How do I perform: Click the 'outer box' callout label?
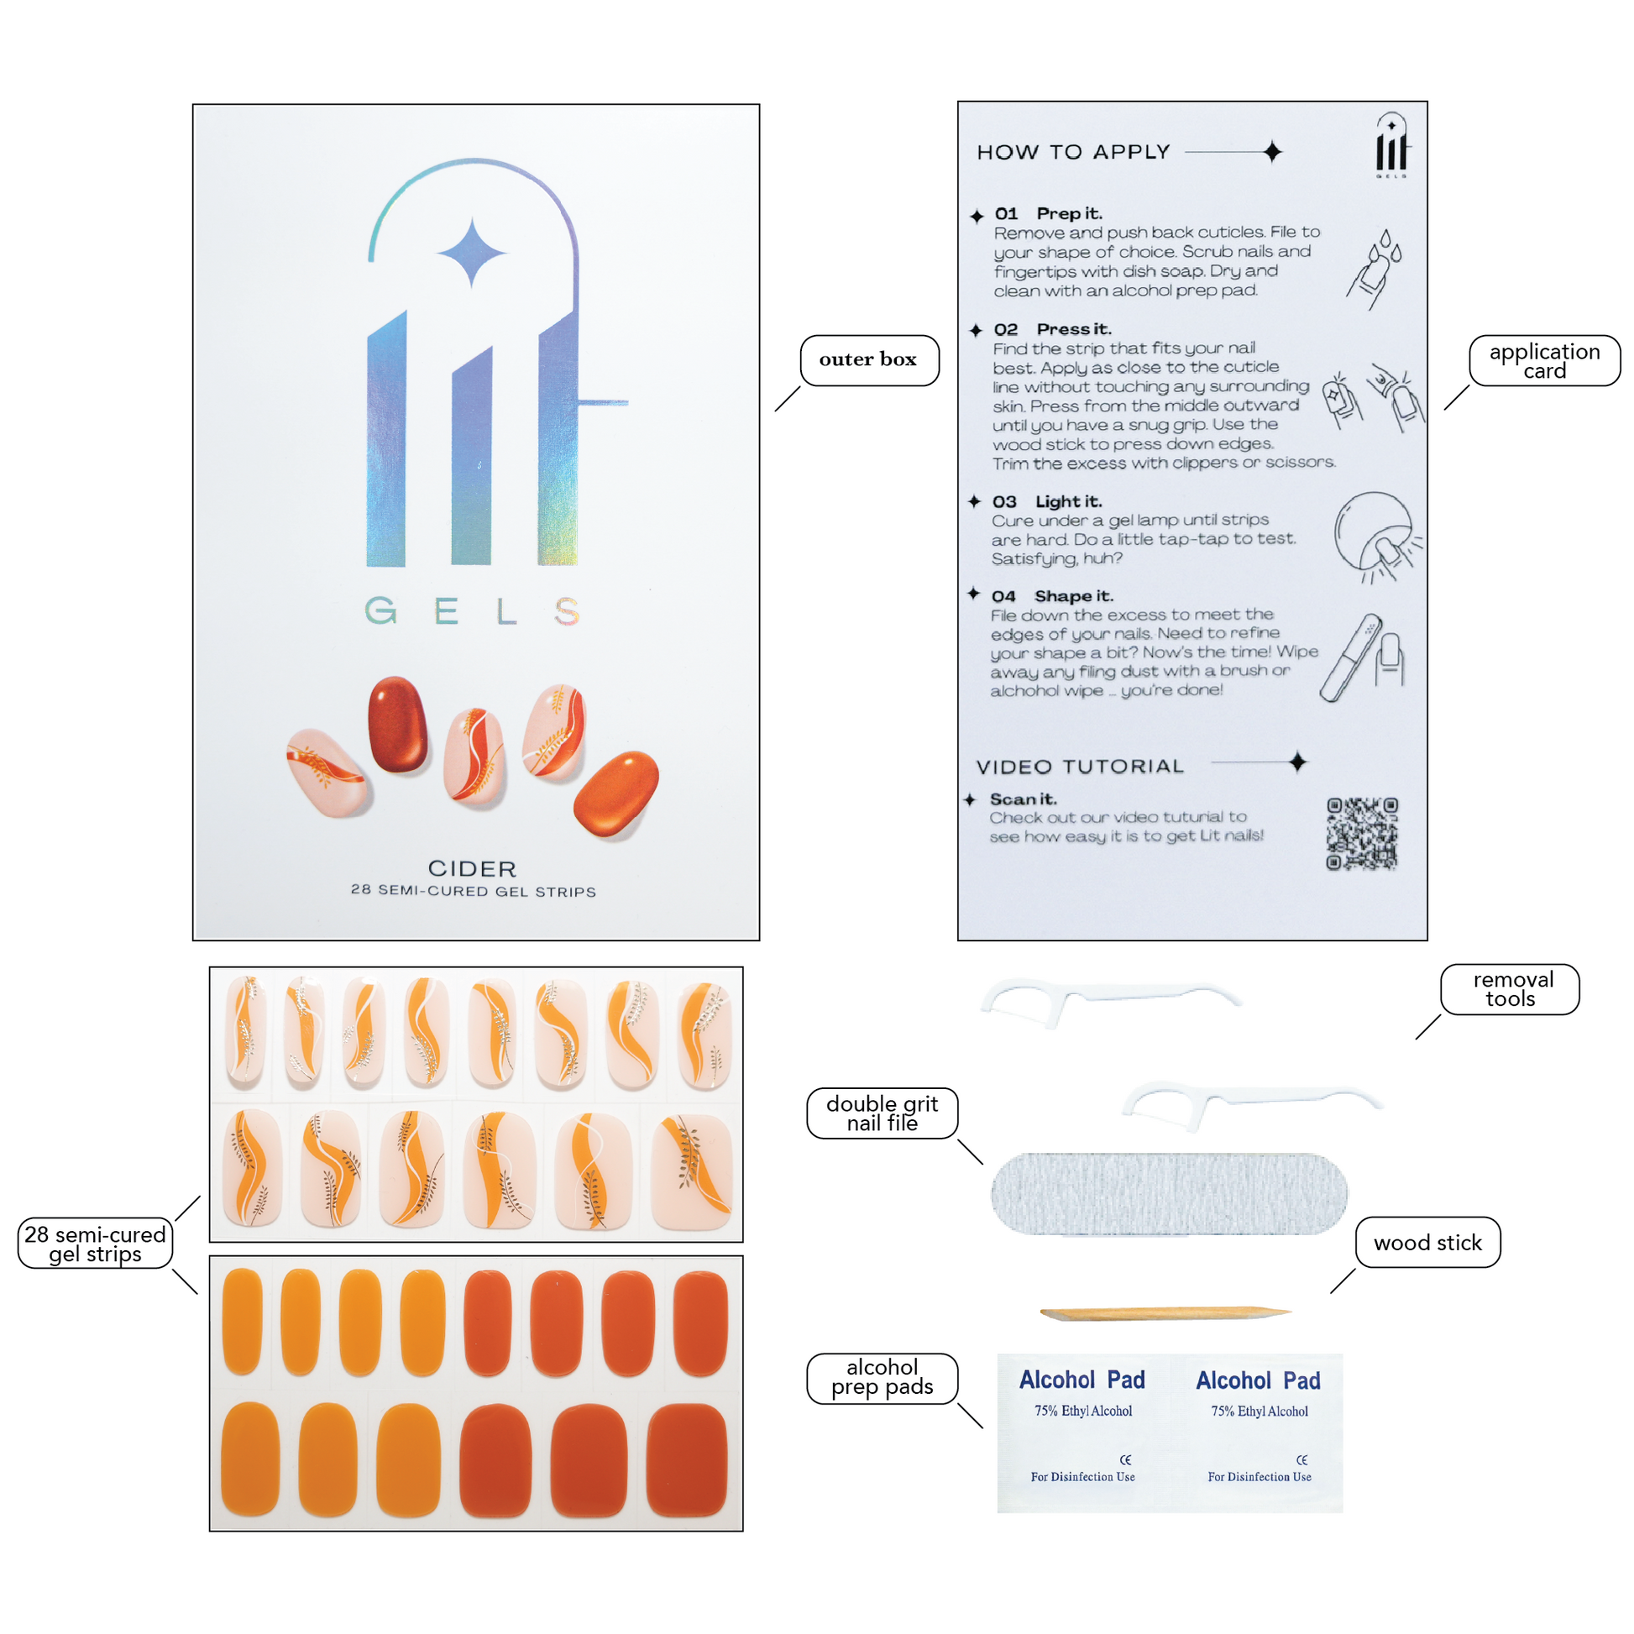point(868,359)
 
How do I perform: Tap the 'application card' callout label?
point(1544,360)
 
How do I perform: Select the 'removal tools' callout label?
point(1511,988)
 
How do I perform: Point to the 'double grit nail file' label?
point(882,1113)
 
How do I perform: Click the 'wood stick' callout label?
point(1427,1243)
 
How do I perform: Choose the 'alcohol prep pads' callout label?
point(882,1378)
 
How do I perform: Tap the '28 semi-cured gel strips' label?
point(95,1244)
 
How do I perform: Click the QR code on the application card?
point(1362,834)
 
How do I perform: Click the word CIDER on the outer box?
point(472,868)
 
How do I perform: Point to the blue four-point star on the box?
point(472,252)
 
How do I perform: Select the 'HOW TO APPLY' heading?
point(1073,152)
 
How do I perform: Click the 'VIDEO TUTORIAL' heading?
point(1080,767)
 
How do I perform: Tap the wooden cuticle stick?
point(1165,1312)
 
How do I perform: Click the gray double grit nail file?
point(1169,1193)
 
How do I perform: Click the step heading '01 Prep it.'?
point(1049,213)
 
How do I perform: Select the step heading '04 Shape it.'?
point(1052,596)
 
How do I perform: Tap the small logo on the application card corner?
point(1391,145)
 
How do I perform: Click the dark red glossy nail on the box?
point(397,723)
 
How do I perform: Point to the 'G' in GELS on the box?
point(380,610)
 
